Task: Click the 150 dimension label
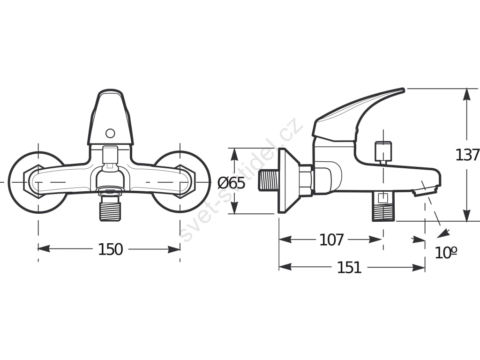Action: [x=111, y=249]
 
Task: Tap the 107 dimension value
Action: [x=331, y=240]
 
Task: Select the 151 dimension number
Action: [x=349, y=268]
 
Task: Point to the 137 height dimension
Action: [x=467, y=155]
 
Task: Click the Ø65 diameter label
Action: [x=232, y=183]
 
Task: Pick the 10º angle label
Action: [x=446, y=253]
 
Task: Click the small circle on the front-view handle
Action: [x=110, y=134]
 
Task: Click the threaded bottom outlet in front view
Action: [x=110, y=208]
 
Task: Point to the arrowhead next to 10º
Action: [x=443, y=233]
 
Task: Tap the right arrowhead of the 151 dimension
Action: [x=419, y=267]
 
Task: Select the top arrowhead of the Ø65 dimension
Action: [x=234, y=155]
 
